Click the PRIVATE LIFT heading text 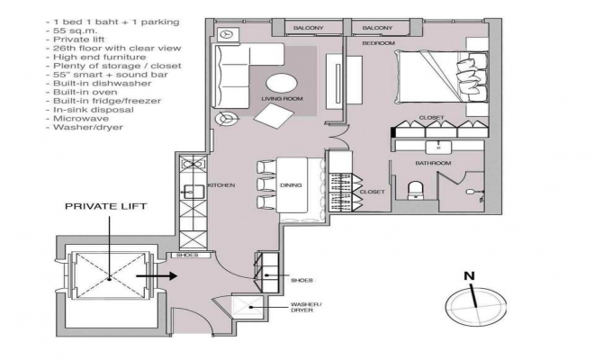point(105,206)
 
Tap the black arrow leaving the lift point(157,276)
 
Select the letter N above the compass point(470,276)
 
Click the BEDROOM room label point(378,43)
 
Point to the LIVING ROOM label point(283,99)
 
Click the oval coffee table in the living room point(282,83)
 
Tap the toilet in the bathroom point(416,190)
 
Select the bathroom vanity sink point(438,147)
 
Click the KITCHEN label point(221,185)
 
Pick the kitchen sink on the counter point(194,192)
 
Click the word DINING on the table point(291,185)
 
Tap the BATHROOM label point(433,163)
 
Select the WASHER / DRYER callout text point(307,307)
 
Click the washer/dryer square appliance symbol point(247,307)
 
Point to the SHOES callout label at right point(301,281)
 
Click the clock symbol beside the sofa point(227,34)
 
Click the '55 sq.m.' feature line point(72,31)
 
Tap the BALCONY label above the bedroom point(377,28)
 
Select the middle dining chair point(266,184)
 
